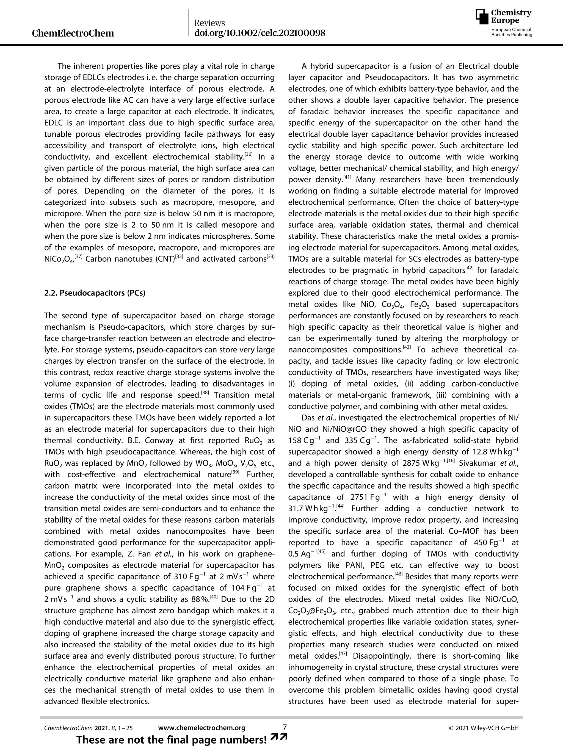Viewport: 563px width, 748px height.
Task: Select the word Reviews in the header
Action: pos(210,23)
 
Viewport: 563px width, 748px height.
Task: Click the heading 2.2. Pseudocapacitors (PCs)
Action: pos(95,293)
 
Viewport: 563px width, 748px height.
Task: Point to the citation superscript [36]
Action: pos(249,154)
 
